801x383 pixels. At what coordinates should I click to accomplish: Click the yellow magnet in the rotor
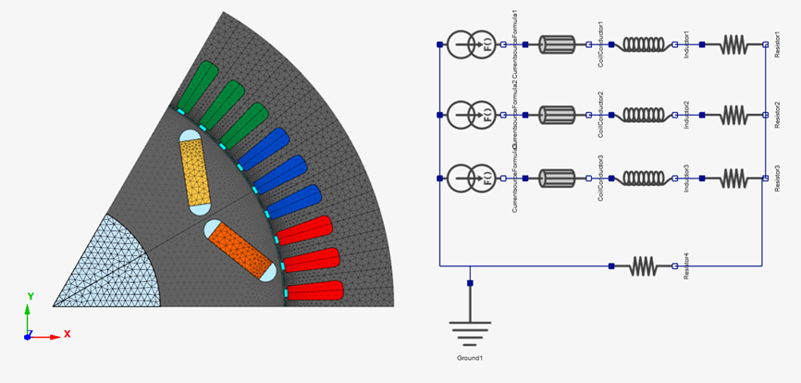click(195, 173)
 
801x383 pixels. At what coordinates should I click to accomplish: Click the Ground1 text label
click(470, 357)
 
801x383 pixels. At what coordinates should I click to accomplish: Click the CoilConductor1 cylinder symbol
click(557, 43)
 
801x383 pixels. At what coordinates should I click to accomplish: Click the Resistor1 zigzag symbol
click(733, 43)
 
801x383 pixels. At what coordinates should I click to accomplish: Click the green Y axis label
click(31, 296)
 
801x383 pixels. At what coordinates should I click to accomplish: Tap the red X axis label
click(68, 333)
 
